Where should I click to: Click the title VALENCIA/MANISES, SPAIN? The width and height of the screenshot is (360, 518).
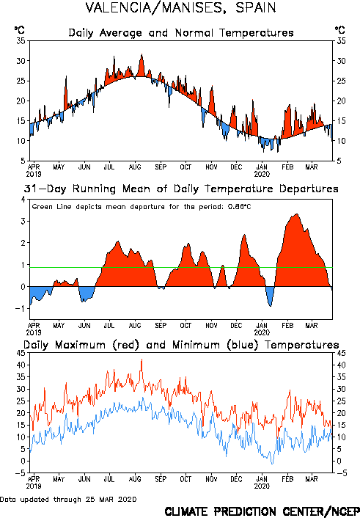point(180,8)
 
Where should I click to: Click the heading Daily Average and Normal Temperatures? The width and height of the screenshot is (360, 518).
point(181,33)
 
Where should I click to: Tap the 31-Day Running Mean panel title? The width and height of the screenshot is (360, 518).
point(181,189)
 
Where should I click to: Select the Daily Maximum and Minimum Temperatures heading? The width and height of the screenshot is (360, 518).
point(181,345)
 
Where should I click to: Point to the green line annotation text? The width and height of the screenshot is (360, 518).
point(142,207)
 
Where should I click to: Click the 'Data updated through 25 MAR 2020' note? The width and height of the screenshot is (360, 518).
point(68,499)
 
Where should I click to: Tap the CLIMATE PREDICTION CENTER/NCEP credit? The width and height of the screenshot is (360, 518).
point(262,511)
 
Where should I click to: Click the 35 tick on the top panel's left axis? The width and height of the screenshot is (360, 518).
point(21,41)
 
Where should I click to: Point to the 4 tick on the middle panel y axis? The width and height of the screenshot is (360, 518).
point(23,200)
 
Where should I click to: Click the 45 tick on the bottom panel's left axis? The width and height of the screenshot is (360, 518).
point(21,353)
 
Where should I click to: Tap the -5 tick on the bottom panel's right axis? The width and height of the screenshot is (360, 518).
point(342,473)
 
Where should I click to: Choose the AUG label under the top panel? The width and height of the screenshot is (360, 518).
point(135,167)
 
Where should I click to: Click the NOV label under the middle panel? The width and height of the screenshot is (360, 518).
point(211,326)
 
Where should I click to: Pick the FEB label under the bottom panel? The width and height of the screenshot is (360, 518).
point(287,479)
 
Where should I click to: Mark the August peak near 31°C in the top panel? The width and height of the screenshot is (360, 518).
point(142,54)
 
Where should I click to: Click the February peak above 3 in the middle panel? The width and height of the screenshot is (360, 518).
point(297,214)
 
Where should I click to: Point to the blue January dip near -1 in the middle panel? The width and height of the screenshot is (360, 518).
point(271,306)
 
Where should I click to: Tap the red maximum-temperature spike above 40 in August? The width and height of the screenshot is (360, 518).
point(142,360)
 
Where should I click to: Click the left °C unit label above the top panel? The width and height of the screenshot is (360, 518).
point(20,30)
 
